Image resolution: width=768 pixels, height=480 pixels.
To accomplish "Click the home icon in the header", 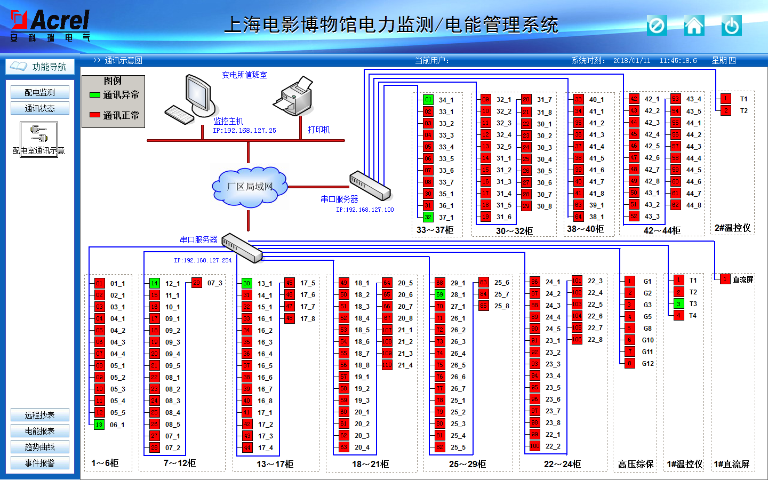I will [694, 25].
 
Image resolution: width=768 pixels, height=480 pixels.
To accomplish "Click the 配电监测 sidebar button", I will [40, 92].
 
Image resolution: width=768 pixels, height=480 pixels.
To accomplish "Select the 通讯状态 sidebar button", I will [40, 108].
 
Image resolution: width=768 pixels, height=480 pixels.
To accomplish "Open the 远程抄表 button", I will [40, 415].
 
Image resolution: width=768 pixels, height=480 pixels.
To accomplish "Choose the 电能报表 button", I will [40, 431].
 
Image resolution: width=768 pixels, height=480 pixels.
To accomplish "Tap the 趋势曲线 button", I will [40, 447].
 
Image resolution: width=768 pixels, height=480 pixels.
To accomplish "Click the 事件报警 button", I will [40, 463].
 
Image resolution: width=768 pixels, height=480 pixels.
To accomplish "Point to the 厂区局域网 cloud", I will [250, 187].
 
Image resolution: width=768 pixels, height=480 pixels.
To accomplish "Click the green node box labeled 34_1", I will [428, 99].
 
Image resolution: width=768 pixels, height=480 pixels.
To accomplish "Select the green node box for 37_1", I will [428, 217].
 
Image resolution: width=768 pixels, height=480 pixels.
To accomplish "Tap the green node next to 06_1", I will [99, 425].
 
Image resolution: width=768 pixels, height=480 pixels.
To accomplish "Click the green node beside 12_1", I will [154, 283].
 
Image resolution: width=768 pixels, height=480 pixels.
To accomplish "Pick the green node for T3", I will [678, 303].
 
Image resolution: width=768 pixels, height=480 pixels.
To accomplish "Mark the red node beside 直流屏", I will [725, 279].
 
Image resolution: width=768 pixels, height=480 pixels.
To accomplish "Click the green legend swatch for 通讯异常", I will [95, 95].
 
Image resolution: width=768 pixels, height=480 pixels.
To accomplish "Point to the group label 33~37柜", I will [435, 230].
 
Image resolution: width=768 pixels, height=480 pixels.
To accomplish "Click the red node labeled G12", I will [630, 363].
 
